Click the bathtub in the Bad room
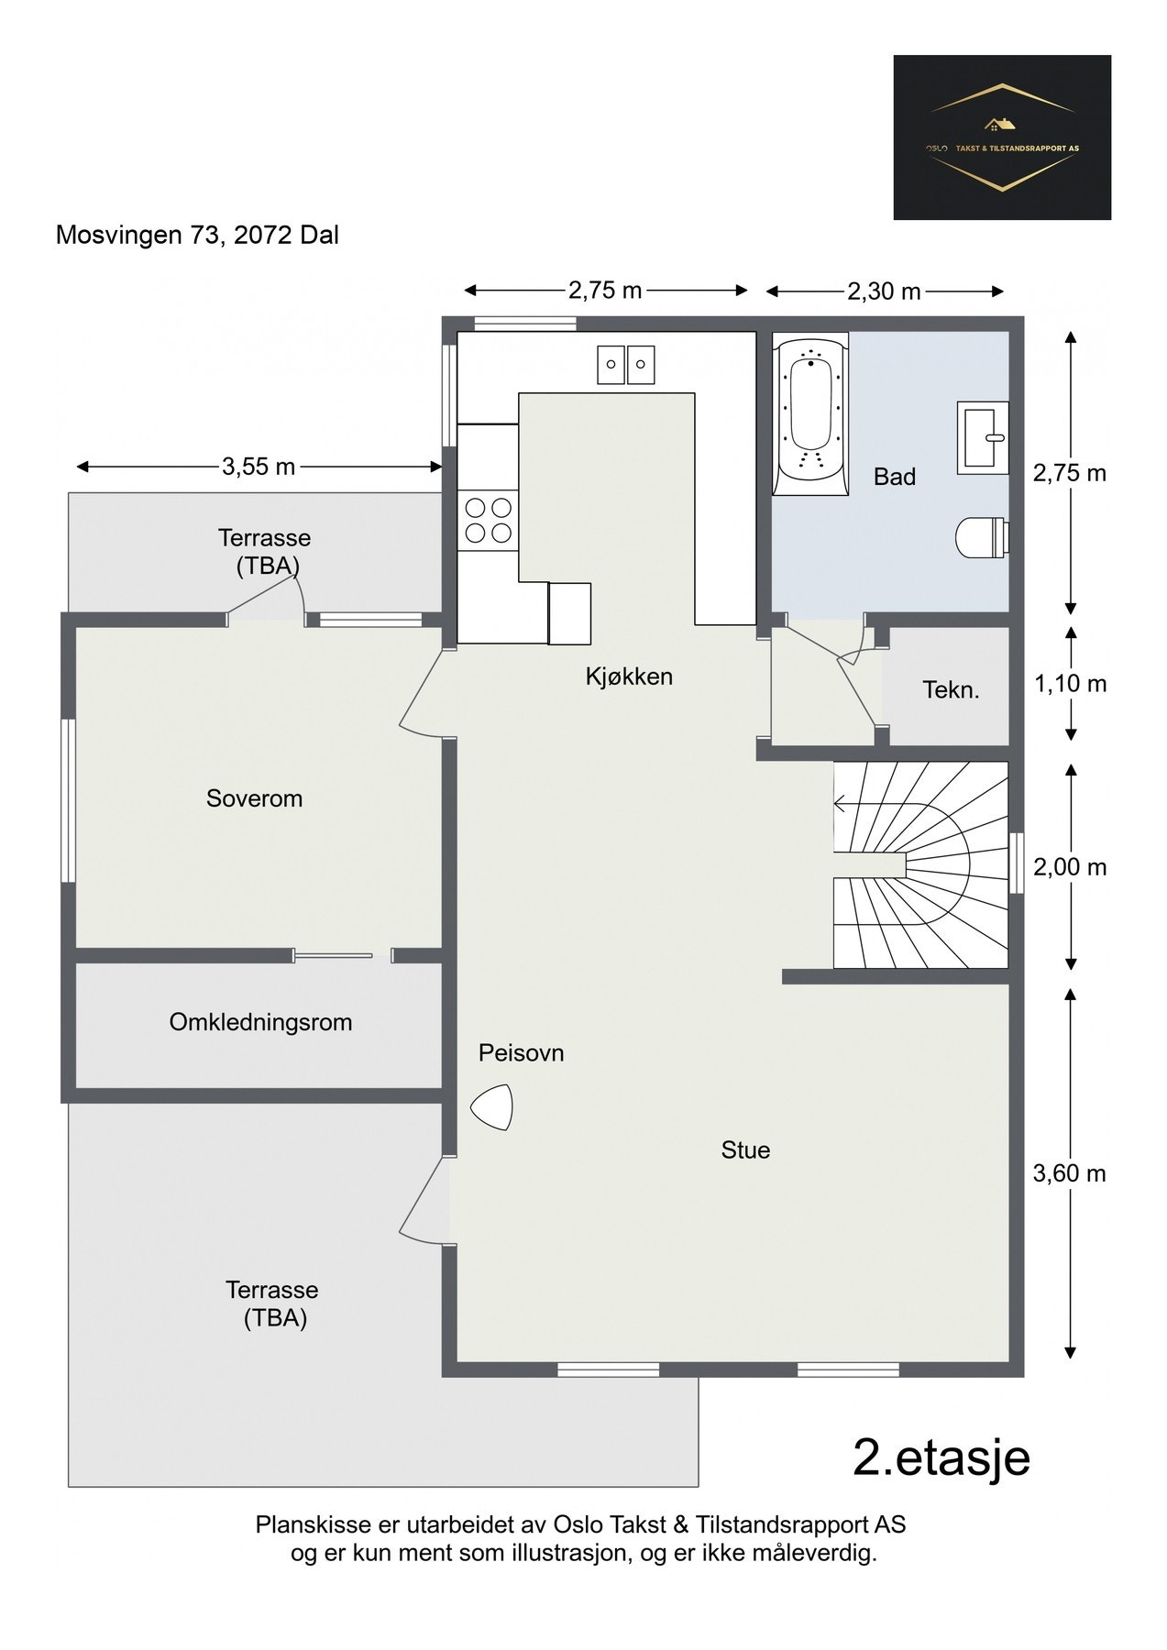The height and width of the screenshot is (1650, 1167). [809, 413]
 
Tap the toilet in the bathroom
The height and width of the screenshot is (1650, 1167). [982, 537]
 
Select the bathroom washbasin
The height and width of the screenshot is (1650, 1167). [983, 437]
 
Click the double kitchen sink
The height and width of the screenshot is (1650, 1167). [627, 364]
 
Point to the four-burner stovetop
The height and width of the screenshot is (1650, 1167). [488, 519]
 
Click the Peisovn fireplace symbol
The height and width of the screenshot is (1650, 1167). [492, 1108]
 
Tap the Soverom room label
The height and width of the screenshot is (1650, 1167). [254, 798]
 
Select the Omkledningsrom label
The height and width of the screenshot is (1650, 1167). [260, 1022]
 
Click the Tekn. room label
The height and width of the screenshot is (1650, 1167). [951, 690]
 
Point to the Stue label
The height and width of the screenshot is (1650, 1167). [745, 1150]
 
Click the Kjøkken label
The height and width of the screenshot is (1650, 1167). [629, 676]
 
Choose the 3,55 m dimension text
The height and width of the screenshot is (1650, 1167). [259, 467]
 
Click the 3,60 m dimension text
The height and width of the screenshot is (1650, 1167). [1070, 1173]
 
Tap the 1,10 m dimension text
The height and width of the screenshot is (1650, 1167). [1070, 684]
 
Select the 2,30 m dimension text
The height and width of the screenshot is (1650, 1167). [884, 291]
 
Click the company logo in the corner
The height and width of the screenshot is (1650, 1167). [1002, 137]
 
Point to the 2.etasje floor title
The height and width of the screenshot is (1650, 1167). [941, 1457]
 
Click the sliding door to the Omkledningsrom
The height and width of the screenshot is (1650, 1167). [334, 956]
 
